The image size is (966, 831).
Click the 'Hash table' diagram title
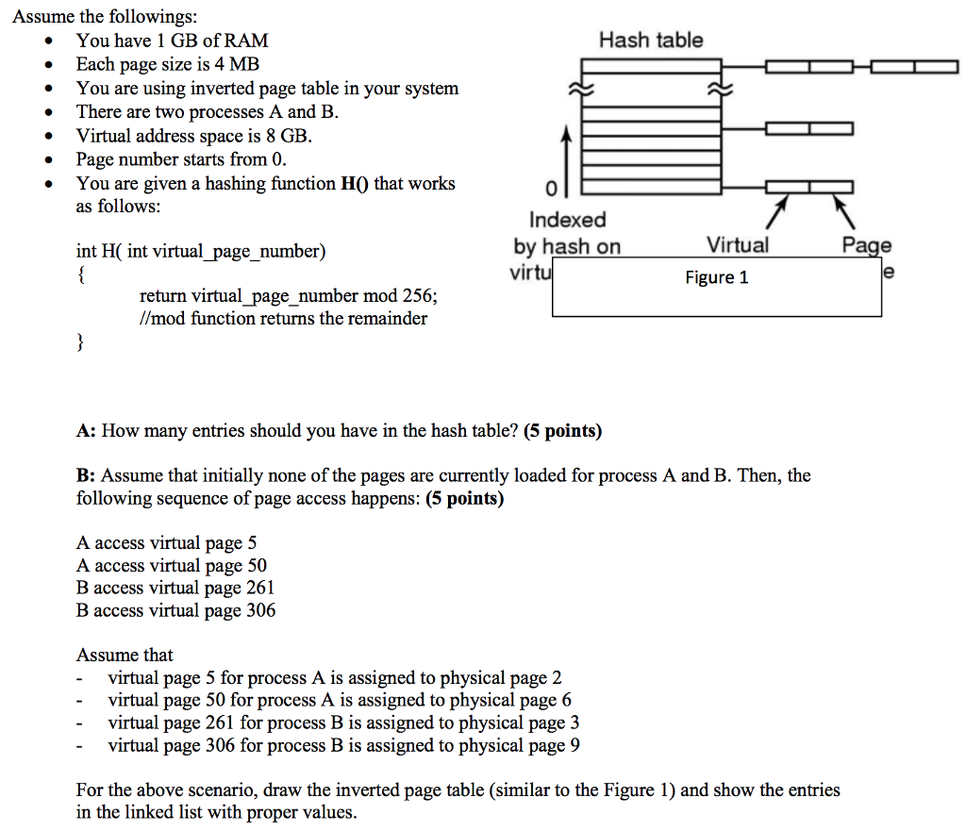(x=651, y=40)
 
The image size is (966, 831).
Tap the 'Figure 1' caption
(x=716, y=277)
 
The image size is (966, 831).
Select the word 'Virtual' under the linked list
(x=738, y=246)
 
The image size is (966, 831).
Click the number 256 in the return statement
(x=419, y=295)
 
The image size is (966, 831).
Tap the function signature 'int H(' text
(x=100, y=251)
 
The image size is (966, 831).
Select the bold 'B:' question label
(x=86, y=475)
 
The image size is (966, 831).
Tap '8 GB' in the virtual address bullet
(x=288, y=136)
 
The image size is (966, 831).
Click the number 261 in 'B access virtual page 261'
(x=260, y=588)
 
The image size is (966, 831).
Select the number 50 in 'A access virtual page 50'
(x=256, y=565)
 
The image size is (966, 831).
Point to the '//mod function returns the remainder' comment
(x=283, y=318)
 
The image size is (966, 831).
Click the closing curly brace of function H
(x=80, y=341)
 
